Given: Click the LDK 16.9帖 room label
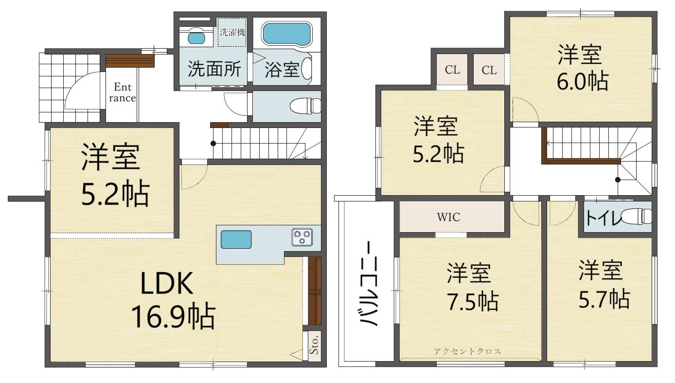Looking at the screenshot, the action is click(173, 300).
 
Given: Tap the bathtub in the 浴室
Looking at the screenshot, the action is click(287, 34).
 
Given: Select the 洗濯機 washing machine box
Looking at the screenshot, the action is click(232, 32).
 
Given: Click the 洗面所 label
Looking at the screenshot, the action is click(214, 69).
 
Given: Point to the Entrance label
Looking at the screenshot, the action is click(123, 92).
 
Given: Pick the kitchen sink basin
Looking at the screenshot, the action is click(236, 239).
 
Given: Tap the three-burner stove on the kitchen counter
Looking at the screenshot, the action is click(302, 237).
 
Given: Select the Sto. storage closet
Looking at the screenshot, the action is click(314, 346).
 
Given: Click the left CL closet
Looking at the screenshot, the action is click(452, 70).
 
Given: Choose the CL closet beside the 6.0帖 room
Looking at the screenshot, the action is click(489, 70).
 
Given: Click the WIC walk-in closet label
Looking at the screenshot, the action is click(448, 217).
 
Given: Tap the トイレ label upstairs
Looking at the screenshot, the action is click(603, 218).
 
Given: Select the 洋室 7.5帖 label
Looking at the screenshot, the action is click(472, 287).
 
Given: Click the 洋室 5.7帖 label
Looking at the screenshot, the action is click(604, 284).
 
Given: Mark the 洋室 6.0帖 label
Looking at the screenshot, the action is click(582, 68).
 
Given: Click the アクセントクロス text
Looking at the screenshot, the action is click(467, 351).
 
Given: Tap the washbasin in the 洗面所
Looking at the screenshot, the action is click(196, 38).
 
